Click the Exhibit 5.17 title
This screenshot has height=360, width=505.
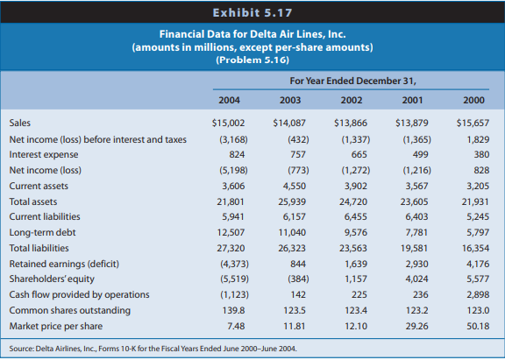click(252, 14)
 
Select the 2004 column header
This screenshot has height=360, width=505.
click(228, 100)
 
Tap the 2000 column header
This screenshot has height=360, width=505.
click(473, 100)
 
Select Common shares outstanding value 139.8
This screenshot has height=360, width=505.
click(232, 310)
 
